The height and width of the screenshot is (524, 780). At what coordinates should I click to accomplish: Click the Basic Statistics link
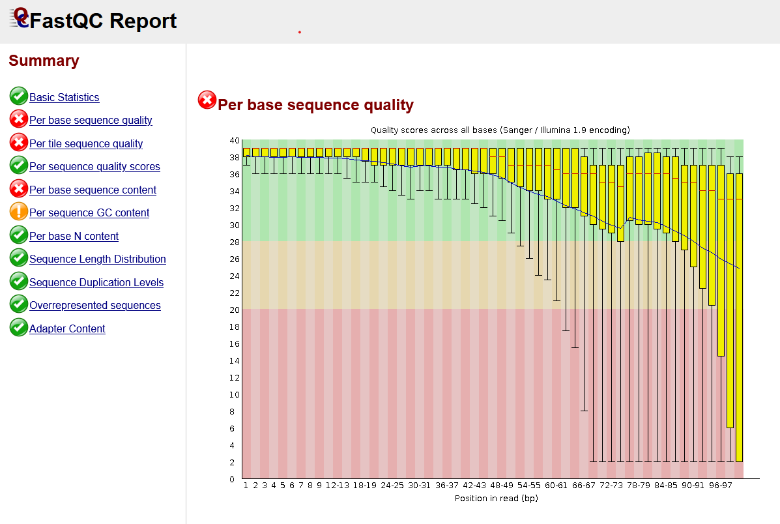(x=64, y=97)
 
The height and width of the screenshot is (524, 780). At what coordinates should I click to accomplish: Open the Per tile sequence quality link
(x=86, y=143)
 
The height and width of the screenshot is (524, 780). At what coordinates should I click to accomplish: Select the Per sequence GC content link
(x=89, y=212)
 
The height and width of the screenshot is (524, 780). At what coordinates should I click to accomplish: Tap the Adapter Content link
(x=67, y=328)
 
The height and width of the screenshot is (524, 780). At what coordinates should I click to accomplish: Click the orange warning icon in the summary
(x=19, y=212)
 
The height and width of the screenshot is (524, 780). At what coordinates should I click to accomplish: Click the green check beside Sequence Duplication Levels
(x=19, y=282)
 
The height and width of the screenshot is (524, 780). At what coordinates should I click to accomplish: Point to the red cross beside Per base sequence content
(x=19, y=189)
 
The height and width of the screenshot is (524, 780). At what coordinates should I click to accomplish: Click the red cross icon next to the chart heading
(x=207, y=100)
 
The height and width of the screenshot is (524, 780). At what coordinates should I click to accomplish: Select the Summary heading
(x=44, y=61)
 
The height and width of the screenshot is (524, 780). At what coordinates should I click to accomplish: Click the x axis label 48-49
(x=501, y=486)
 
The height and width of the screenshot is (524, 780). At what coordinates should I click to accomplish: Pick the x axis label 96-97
(x=720, y=486)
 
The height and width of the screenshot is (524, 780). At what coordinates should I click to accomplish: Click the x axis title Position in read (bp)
(x=496, y=499)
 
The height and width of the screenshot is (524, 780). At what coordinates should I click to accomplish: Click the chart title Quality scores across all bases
(x=500, y=130)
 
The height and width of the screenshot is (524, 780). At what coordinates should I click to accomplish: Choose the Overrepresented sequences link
(x=95, y=305)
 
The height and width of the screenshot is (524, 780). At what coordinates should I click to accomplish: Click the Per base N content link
(x=74, y=236)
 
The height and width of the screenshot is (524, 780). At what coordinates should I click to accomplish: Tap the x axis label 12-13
(x=337, y=486)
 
